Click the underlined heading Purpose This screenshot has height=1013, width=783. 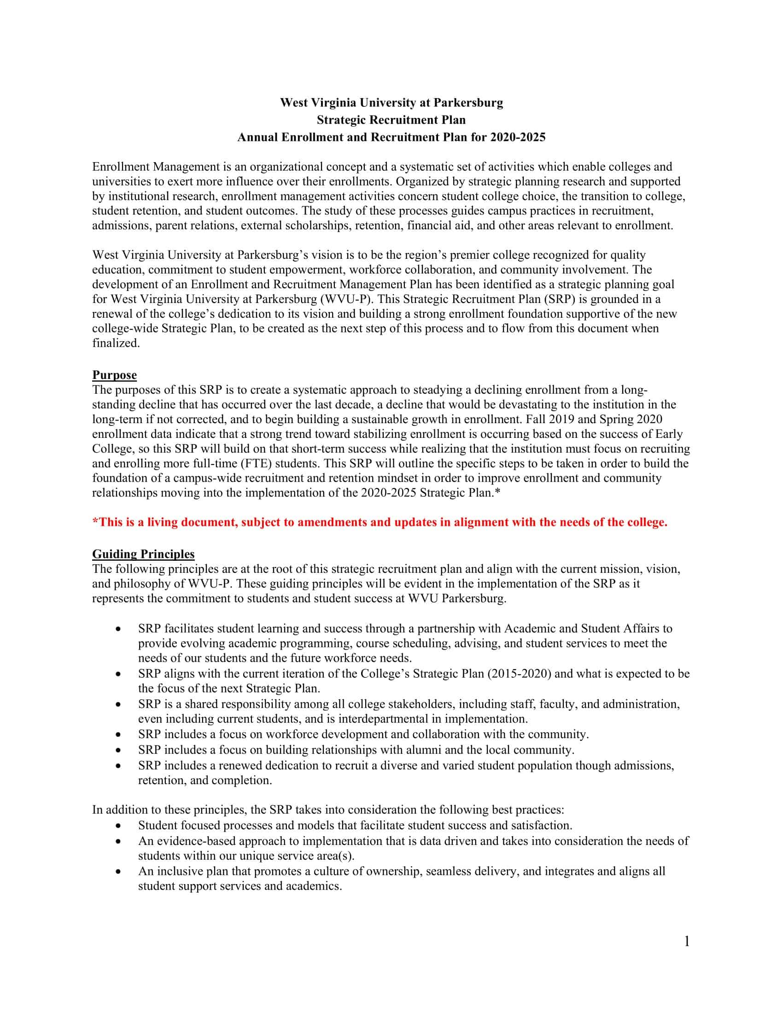click(x=114, y=375)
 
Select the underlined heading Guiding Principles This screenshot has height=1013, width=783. click(x=143, y=554)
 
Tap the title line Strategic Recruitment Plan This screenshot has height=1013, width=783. click(x=391, y=120)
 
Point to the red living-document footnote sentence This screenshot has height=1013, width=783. click(x=380, y=522)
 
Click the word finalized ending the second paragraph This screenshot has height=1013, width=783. click(x=116, y=343)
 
